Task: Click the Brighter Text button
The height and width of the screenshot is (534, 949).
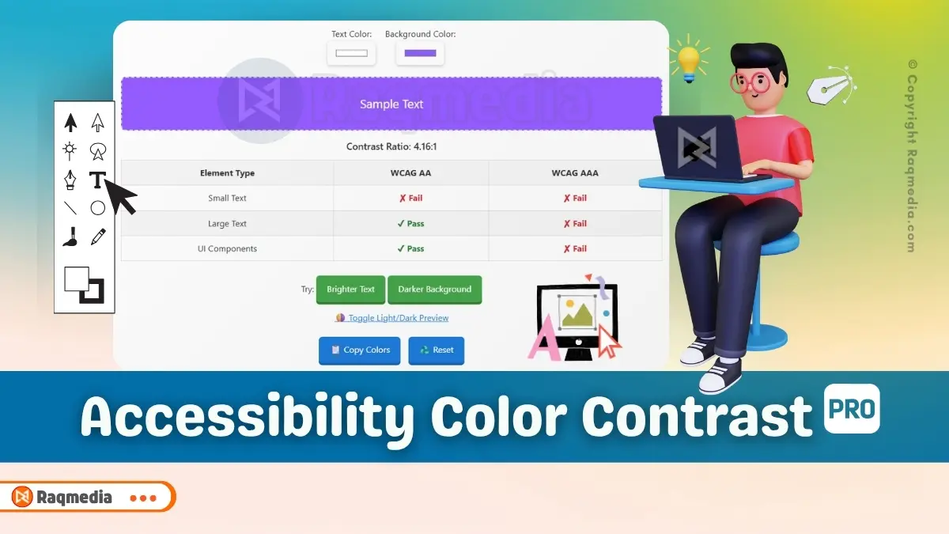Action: tap(350, 290)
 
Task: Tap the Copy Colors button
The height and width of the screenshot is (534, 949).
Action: tap(360, 350)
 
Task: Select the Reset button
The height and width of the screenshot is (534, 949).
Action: tap(437, 350)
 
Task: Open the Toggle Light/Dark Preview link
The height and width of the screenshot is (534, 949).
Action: tap(392, 318)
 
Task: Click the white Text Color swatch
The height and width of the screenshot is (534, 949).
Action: tap(351, 53)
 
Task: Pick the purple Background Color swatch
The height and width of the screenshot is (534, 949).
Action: tap(420, 53)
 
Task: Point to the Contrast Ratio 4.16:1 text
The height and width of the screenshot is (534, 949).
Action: tap(391, 146)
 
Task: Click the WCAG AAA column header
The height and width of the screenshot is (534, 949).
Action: tap(575, 172)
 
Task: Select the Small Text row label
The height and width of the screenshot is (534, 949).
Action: tap(227, 198)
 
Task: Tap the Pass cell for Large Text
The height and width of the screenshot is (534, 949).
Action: tap(410, 224)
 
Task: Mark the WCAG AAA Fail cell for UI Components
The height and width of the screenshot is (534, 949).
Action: tap(575, 248)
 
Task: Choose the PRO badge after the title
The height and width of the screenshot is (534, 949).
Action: tap(852, 408)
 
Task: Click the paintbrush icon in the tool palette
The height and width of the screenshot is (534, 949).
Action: tap(70, 236)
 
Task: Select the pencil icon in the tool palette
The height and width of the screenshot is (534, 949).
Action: tap(98, 236)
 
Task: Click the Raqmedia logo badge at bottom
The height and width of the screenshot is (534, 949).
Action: tap(63, 498)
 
